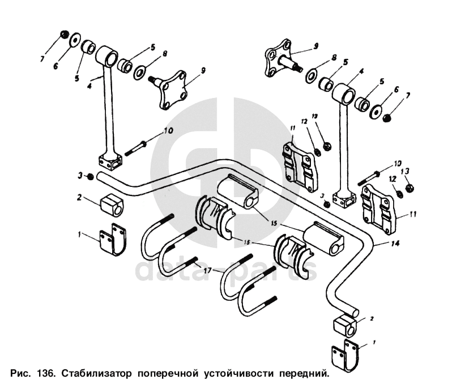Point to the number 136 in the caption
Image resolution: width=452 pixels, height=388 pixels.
click(44, 374)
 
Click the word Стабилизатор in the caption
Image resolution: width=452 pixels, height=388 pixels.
click(96, 374)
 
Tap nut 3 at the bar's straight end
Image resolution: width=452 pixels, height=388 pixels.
click(91, 177)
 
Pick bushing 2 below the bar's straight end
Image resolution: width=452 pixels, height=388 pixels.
click(112, 205)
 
